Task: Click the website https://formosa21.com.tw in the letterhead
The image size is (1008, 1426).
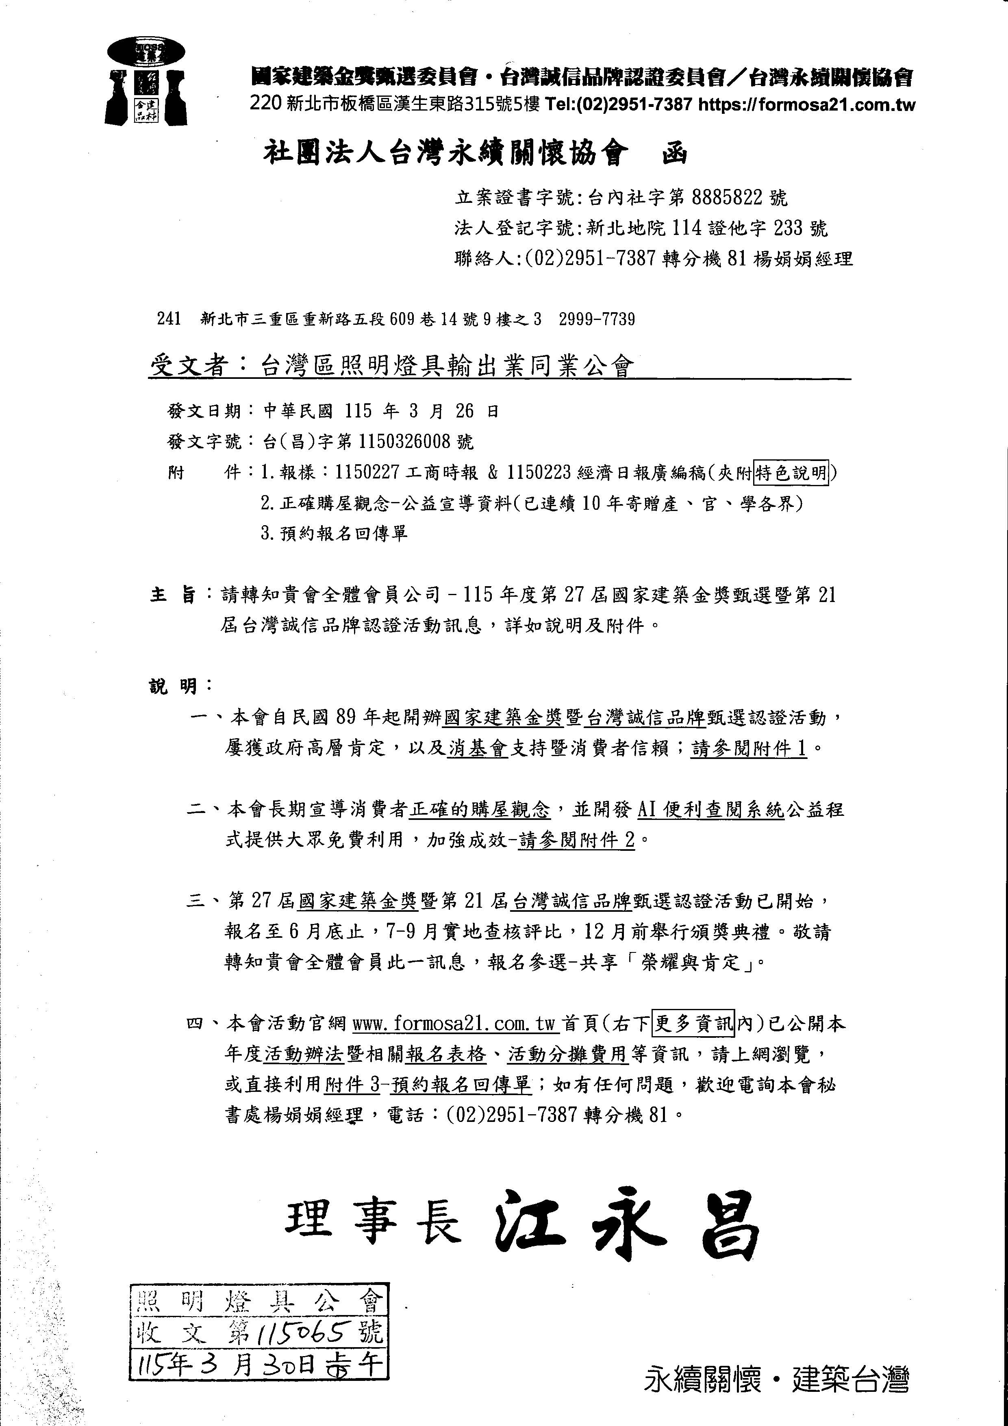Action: point(807,105)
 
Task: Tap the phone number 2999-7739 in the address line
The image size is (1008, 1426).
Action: point(596,319)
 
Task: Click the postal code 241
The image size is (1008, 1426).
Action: point(169,319)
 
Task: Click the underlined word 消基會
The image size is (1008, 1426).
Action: point(478,748)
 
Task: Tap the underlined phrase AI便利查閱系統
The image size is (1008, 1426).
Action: point(711,810)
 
